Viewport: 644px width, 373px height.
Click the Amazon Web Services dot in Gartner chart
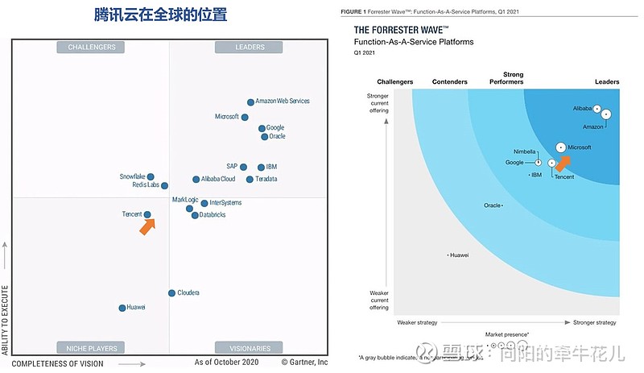pyautogui.click(x=250, y=102)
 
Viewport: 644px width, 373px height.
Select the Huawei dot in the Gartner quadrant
pyautogui.click(x=122, y=308)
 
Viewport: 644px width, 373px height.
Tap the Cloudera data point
pyautogui.click(x=171, y=293)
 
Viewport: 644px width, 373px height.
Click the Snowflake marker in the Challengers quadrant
pyautogui.click(x=151, y=176)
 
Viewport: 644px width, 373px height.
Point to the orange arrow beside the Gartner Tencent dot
pyautogui.click(x=147, y=227)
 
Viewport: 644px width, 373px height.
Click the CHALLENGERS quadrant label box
pyautogui.click(x=92, y=48)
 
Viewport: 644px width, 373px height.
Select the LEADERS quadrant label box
pyautogui.click(x=250, y=48)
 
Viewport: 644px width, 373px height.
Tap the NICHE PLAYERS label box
pyautogui.click(x=92, y=348)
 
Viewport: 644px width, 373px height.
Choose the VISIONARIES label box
pyautogui.click(x=250, y=348)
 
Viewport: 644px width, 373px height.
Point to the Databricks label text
pyautogui.click(x=213, y=215)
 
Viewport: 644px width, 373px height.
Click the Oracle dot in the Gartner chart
pyautogui.click(x=265, y=137)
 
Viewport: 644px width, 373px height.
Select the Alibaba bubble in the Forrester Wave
pyautogui.click(x=597, y=108)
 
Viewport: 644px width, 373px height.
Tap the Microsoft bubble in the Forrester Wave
pyautogui.click(x=560, y=147)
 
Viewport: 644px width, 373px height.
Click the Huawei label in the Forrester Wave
pyautogui.click(x=460, y=255)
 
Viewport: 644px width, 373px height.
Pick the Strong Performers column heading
pyautogui.click(x=507, y=78)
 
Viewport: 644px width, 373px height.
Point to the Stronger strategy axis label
pyautogui.click(x=594, y=322)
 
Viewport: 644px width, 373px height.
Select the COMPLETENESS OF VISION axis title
pyautogui.click(x=57, y=363)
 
